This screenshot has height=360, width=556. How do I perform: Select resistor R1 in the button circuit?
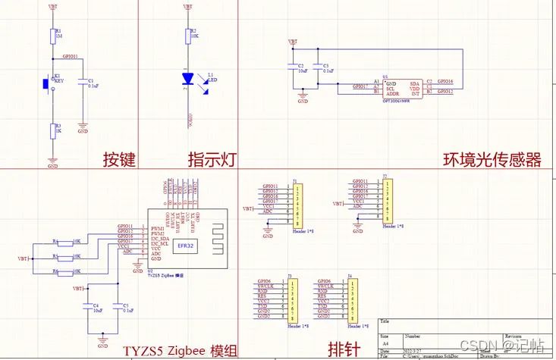click(x=52, y=35)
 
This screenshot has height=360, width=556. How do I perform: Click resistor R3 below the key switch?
click(x=52, y=130)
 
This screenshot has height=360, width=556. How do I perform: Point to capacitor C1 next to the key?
click(x=83, y=83)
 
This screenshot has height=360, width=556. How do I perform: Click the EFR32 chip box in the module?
click(x=186, y=245)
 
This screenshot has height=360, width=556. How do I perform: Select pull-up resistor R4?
click(x=65, y=242)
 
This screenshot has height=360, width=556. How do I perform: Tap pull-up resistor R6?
click(x=65, y=271)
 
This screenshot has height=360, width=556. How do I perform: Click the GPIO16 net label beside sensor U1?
click(x=444, y=81)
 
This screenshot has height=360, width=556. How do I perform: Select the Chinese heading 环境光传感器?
click(x=492, y=160)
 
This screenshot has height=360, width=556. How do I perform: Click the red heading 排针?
click(x=344, y=349)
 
